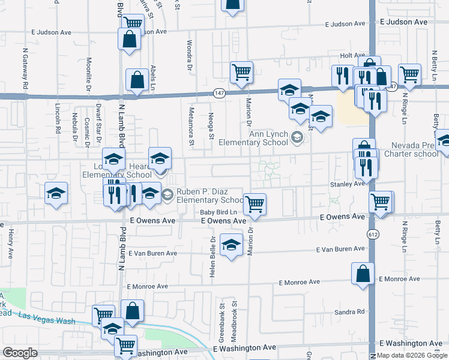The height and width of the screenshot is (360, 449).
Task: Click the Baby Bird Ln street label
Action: pos(219,212)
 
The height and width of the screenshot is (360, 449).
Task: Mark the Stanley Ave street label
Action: pos(347,184)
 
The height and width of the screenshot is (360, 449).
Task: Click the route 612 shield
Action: pos(372,232)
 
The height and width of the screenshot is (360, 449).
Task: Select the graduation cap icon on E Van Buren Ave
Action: pos(231,245)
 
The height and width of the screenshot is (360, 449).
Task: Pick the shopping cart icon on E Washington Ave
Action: pos(125,344)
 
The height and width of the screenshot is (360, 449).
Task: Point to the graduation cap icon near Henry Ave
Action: pos(56,193)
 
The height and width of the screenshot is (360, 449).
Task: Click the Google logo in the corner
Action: pos(20,353)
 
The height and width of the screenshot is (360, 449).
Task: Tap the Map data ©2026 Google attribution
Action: pos(412,356)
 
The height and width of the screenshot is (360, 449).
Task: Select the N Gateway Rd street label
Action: pos(26,70)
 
